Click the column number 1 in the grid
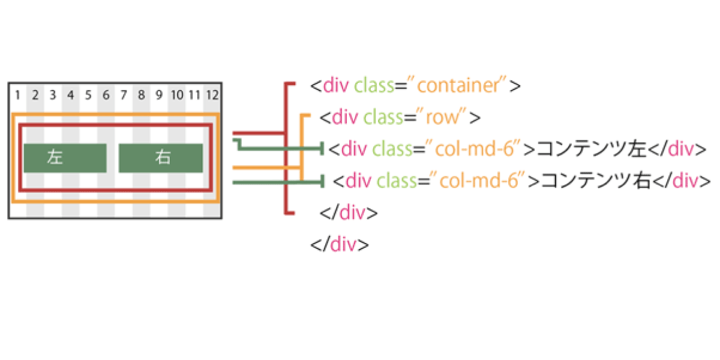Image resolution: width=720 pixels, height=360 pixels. pos(17,95)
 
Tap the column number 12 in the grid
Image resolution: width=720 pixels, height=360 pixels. pos(212,95)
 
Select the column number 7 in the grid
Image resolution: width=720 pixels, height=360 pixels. pos(124,95)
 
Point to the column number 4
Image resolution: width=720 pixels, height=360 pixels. pos(71,95)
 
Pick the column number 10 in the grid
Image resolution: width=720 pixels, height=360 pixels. pos(177,95)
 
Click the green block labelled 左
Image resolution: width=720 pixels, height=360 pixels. pos(65,158)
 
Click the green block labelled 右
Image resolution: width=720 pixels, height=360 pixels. pos(161,158)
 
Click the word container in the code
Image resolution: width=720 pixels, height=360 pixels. pos(458,85)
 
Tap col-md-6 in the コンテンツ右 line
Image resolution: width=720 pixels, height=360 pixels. pos(479,181)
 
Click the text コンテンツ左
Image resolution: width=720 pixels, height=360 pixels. pos(592,149)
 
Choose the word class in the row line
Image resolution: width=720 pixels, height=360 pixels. pos(383,117)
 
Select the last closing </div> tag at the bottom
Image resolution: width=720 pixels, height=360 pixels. pos(340,245)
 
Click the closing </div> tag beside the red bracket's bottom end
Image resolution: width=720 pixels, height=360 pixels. pos(349,213)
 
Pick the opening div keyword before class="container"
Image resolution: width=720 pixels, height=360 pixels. pos(336,85)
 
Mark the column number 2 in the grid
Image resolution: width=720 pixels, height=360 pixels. pos(35,95)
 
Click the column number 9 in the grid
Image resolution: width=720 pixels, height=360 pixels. pos(159,95)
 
